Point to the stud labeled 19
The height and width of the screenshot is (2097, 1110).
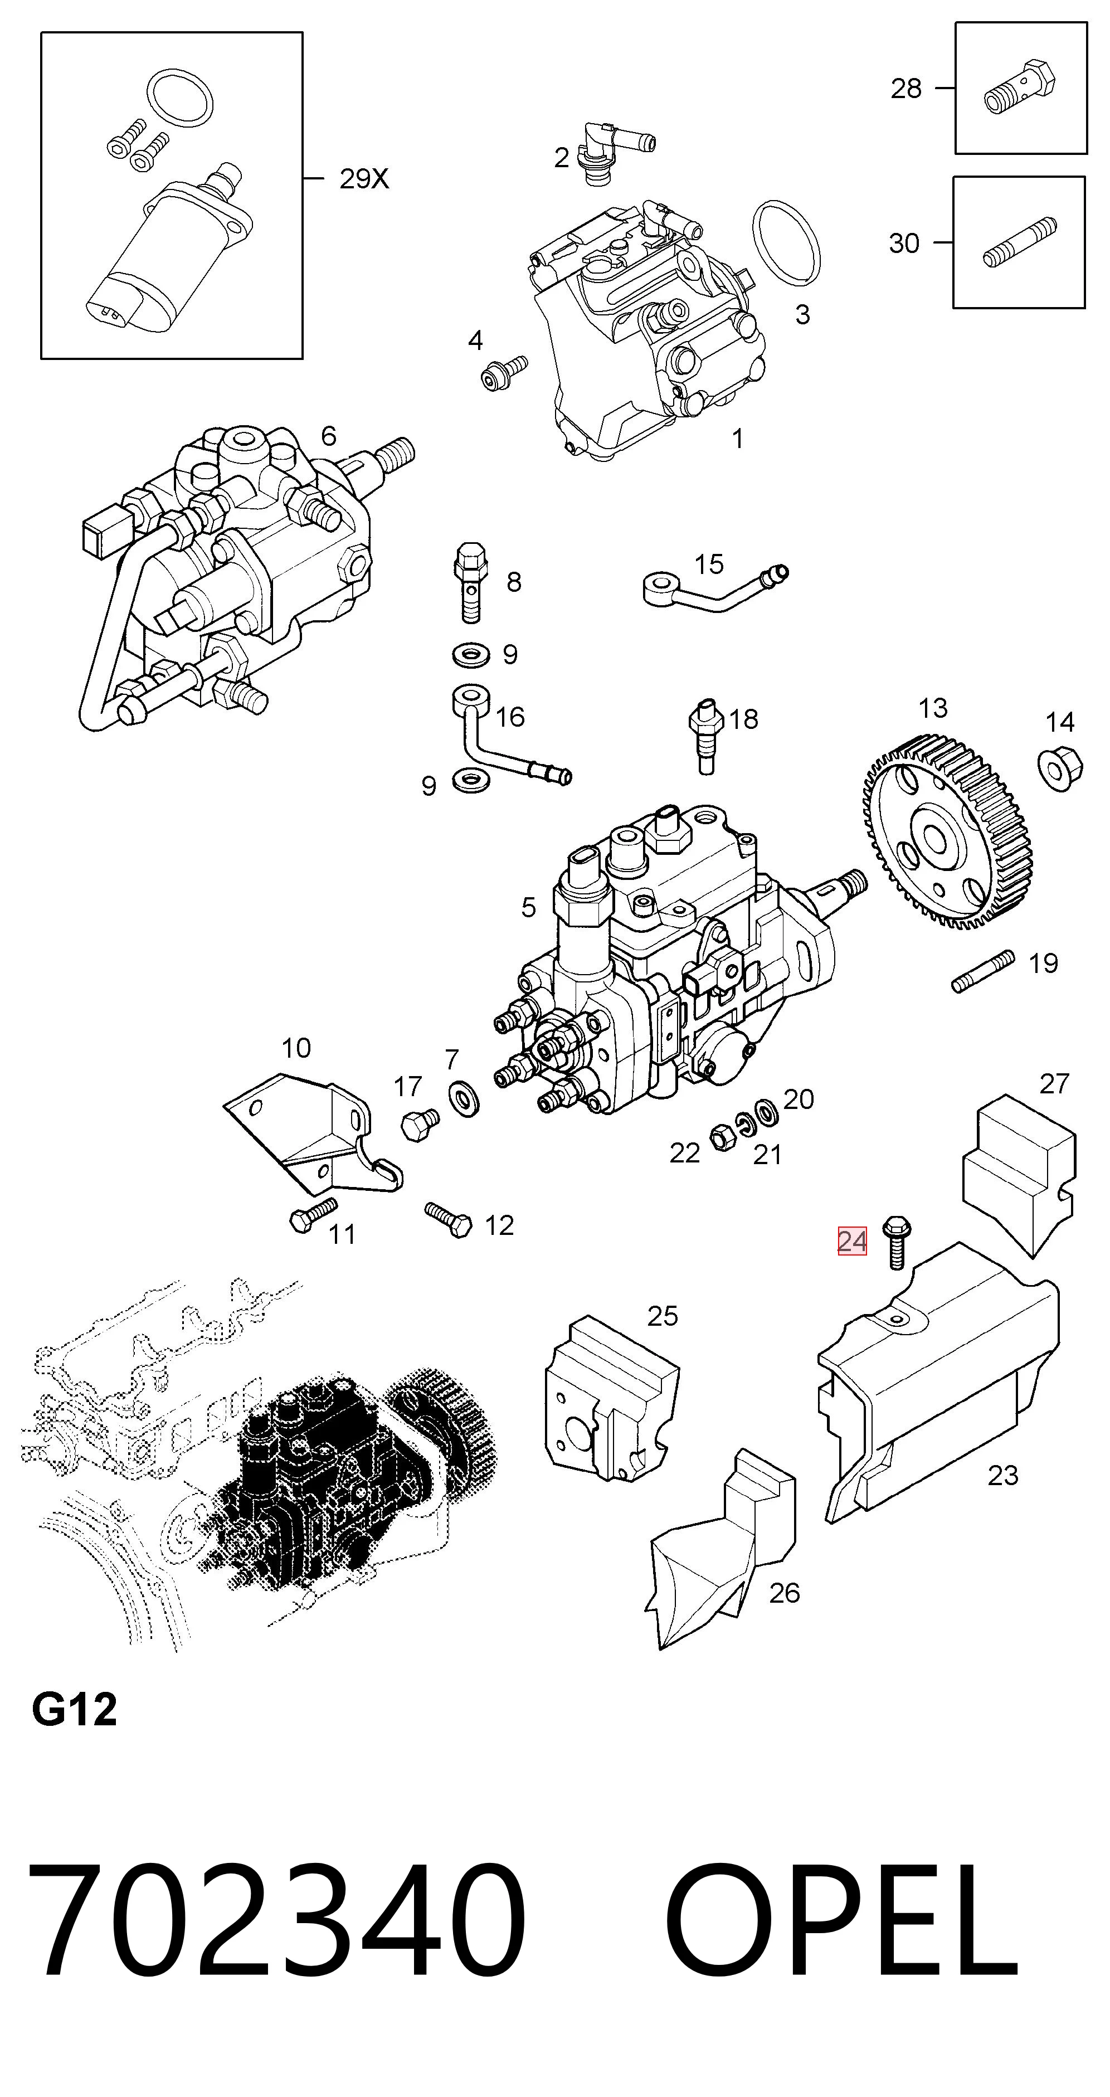[983, 971]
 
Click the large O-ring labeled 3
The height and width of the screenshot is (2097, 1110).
[786, 242]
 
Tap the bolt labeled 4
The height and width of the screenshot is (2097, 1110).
[504, 372]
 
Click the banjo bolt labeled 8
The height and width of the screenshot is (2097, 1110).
[470, 582]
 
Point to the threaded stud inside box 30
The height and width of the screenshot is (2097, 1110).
[1020, 242]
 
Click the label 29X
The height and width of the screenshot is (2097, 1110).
[364, 179]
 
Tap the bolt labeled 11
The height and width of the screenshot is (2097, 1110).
[313, 1215]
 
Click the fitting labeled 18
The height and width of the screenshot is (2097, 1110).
[705, 735]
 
